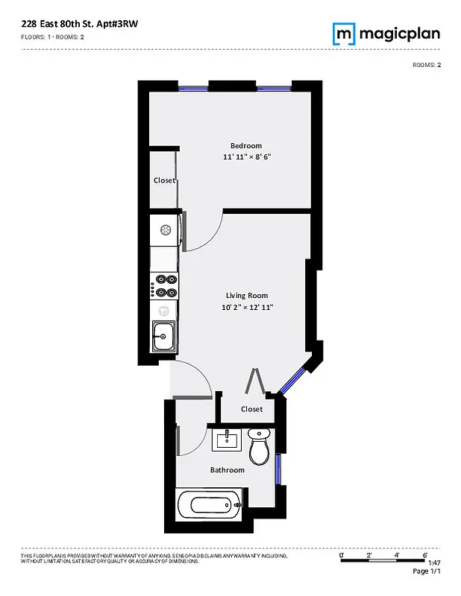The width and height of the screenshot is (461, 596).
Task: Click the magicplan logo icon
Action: (343, 34)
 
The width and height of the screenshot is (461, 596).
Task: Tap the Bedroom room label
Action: (246, 145)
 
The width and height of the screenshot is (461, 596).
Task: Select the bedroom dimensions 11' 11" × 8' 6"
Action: (246, 157)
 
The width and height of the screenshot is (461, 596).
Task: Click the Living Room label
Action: (247, 295)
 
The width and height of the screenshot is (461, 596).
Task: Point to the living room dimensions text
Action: (247, 307)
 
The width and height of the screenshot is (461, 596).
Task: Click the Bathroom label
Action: (227, 470)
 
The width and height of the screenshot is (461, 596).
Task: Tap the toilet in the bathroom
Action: (259, 446)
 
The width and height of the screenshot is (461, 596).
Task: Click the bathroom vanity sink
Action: (226, 439)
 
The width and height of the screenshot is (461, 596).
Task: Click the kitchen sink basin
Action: (163, 336)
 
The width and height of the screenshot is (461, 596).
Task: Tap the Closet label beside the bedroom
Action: (164, 180)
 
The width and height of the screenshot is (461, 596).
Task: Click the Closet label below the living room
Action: (252, 409)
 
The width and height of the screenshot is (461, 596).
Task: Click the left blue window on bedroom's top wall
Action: (193, 89)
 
